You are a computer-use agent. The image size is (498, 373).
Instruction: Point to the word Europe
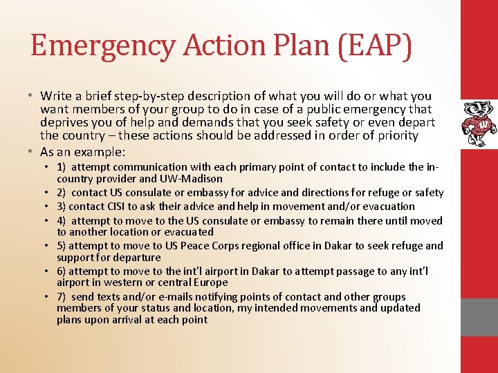[x=207, y=283]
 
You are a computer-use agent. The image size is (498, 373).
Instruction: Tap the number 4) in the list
[x=62, y=220]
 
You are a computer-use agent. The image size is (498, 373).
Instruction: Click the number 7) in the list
[x=62, y=296]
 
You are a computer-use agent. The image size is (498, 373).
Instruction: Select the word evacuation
[x=387, y=206]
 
